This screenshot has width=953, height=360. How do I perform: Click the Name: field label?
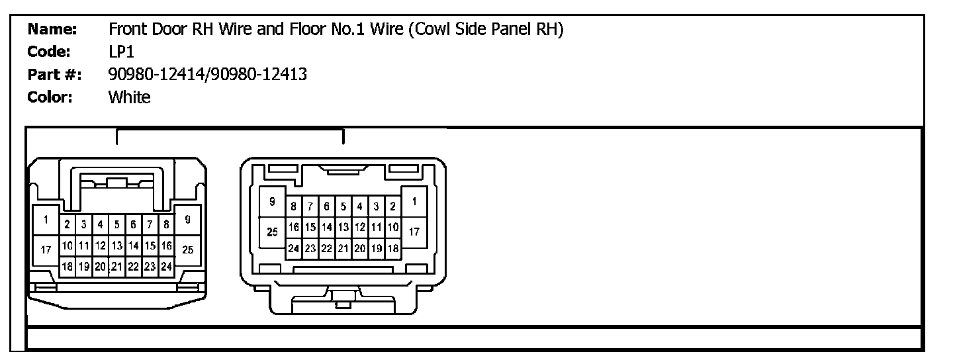(x=52, y=29)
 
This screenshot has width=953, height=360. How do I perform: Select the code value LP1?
(x=120, y=52)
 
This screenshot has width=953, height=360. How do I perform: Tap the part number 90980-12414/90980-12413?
(x=207, y=74)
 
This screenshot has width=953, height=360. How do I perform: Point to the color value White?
(x=129, y=97)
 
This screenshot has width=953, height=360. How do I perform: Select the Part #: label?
(x=55, y=74)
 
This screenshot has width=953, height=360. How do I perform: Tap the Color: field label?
(x=50, y=97)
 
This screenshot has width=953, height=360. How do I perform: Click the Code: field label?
(x=49, y=52)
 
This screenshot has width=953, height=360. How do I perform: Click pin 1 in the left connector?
(x=46, y=220)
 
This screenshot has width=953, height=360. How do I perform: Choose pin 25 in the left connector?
(x=187, y=249)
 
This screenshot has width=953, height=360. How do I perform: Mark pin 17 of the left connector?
(x=46, y=249)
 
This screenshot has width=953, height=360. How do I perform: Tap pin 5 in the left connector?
(x=116, y=224)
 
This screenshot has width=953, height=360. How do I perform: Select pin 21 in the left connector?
(x=116, y=267)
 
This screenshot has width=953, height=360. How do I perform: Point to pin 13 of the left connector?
(x=116, y=246)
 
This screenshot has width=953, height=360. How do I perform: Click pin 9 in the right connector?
(x=272, y=201)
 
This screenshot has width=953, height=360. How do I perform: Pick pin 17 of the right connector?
(x=414, y=232)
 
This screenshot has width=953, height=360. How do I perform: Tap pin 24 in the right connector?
(x=294, y=249)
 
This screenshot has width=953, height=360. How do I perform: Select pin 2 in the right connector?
(x=392, y=206)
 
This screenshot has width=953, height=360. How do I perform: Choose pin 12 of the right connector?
(x=360, y=227)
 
